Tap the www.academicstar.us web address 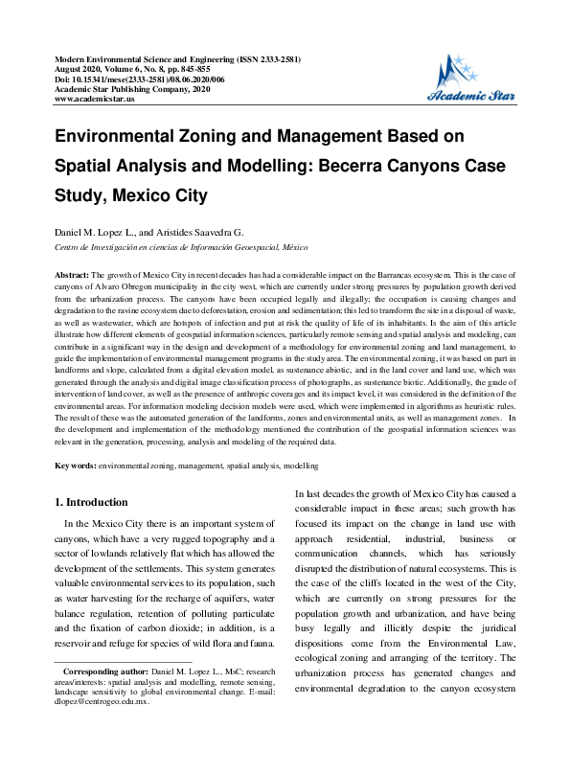pyautogui.click(x=95, y=99)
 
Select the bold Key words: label pyautogui.click(x=75, y=465)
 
